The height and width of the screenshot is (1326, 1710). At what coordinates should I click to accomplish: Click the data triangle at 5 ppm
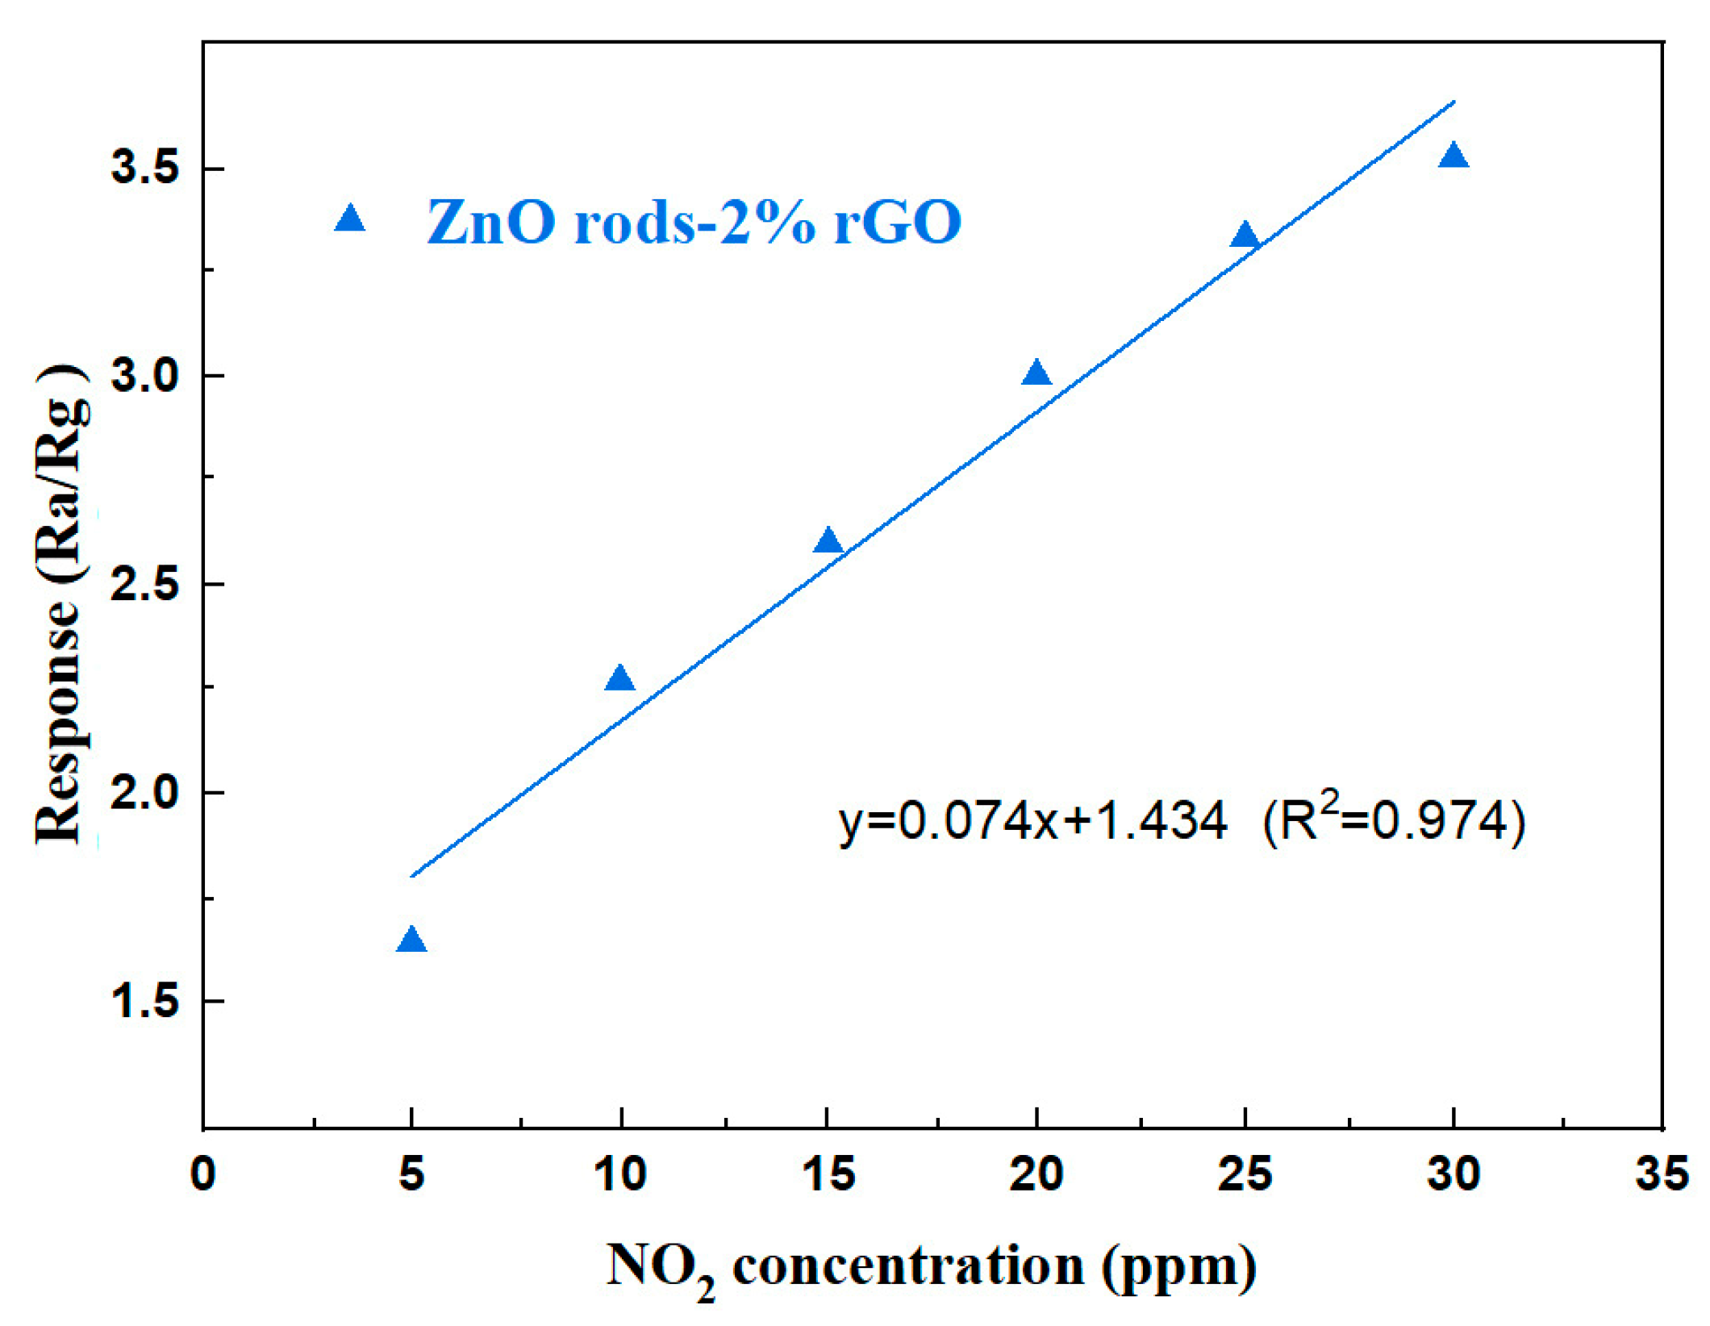(411, 940)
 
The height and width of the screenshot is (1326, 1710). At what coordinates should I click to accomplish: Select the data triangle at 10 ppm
(619, 678)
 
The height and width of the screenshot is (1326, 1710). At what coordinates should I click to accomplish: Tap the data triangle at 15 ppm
(828, 541)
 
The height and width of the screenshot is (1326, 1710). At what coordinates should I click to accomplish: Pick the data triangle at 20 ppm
(1036, 373)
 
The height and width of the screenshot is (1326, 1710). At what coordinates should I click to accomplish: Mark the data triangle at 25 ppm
(1245, 236)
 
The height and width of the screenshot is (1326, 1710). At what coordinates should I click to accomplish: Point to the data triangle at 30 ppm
(1453, 156)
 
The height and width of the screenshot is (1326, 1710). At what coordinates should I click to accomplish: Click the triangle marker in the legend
(350, 219)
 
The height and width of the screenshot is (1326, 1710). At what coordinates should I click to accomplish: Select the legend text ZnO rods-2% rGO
(694, 222)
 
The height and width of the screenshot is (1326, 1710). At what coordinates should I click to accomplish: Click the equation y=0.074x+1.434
(1032, 822)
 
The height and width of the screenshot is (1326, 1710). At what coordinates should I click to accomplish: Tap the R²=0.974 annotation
(1394, 820)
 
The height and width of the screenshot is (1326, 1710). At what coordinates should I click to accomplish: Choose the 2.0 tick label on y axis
(145, 793)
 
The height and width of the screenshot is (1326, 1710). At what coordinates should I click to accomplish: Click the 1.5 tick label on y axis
(145, 1001)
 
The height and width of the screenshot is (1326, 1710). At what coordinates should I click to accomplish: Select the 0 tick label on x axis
(203, 1174)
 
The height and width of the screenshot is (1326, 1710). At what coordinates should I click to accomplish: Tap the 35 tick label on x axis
(1662, 1174)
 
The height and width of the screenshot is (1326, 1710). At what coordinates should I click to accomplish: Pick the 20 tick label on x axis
(1036, 1174)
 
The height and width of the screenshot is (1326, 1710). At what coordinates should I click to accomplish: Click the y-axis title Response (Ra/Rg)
(60, 605)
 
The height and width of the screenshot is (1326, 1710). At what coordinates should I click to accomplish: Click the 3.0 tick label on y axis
(145, 376)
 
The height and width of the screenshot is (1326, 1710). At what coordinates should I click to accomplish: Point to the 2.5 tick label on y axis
(145, 584)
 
